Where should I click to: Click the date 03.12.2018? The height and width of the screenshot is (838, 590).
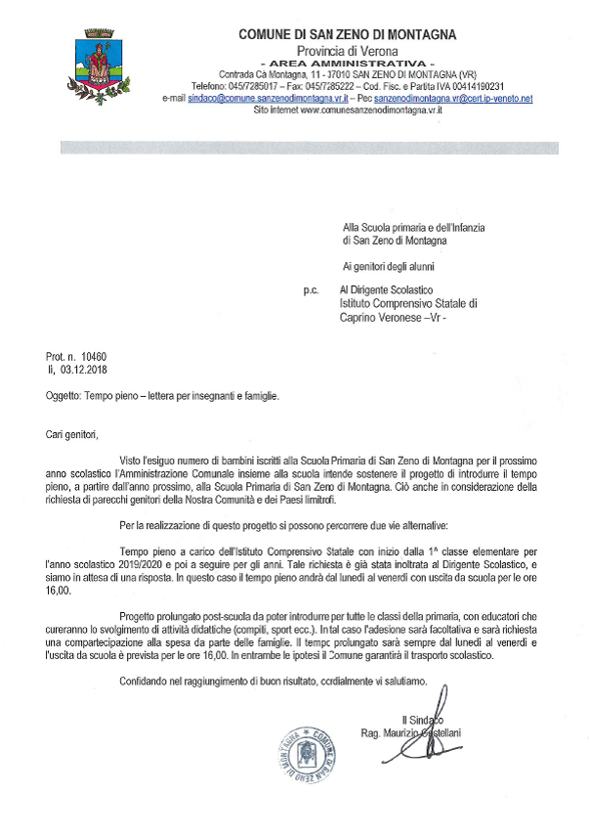[x=89, y=371]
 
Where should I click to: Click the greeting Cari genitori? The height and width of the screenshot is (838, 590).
[x=73, y=433]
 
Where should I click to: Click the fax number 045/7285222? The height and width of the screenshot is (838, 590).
[x=315, y=86]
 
